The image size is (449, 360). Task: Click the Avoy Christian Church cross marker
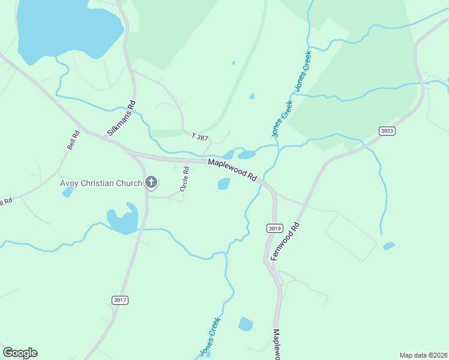pyautogui.click(x=151, y=182)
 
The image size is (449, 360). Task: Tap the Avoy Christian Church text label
pyautogui.click(x=101, y=183)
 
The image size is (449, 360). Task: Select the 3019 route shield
pyautogui.click(x=274, y=229)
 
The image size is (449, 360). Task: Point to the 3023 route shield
pyautogui.click(x=387, y=131)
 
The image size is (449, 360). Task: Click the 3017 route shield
pyautogui.click(x=120, y=299)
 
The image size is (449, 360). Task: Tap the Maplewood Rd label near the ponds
pyautogui.click(x=232, y=170)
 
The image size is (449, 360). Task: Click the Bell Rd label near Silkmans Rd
pyautogui.click(x=73, y=140)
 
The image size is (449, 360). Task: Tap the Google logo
pyautogui.click(x=20, y=353)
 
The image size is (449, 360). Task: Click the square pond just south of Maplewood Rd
pyautogui.click(x=223, y=184)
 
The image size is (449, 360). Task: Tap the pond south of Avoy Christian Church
pyautogui.click(x=122, y=220)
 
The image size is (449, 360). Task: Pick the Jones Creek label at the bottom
pyautogui.click(x=210, y=337)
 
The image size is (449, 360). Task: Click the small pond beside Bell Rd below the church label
pyautogui.click(x=68, y=192)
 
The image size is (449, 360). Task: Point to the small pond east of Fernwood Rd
pyautogui.click(x=389, y=245)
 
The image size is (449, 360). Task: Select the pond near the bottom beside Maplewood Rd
pyautogui.click(x=246, y=324)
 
